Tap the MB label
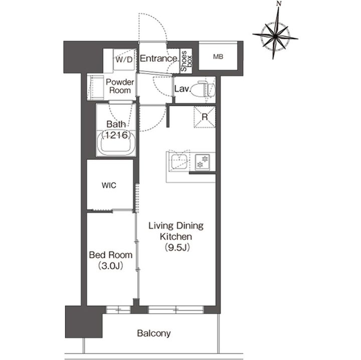(x=218, y=57)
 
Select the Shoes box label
(x=186, y=61)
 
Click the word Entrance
(x=158, y=59)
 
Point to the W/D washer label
(x=124, y=60)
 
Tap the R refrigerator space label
(x=205, y=117)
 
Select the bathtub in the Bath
(x=116, y=143)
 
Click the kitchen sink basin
(x=178, y=161)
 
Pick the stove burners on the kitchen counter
(x=203, y=162)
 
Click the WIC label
(x=109, y=185)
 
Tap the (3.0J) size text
(x=110, y=266)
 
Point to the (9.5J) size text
(x=177, y=247)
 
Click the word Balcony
(x=154, y=333)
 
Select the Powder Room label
(x=120, y=86)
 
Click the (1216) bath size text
(x=116, y=135)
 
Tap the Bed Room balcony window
(x=118, y=309)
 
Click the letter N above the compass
(x=279, y=4)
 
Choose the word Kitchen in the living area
(x=176, y=236)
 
